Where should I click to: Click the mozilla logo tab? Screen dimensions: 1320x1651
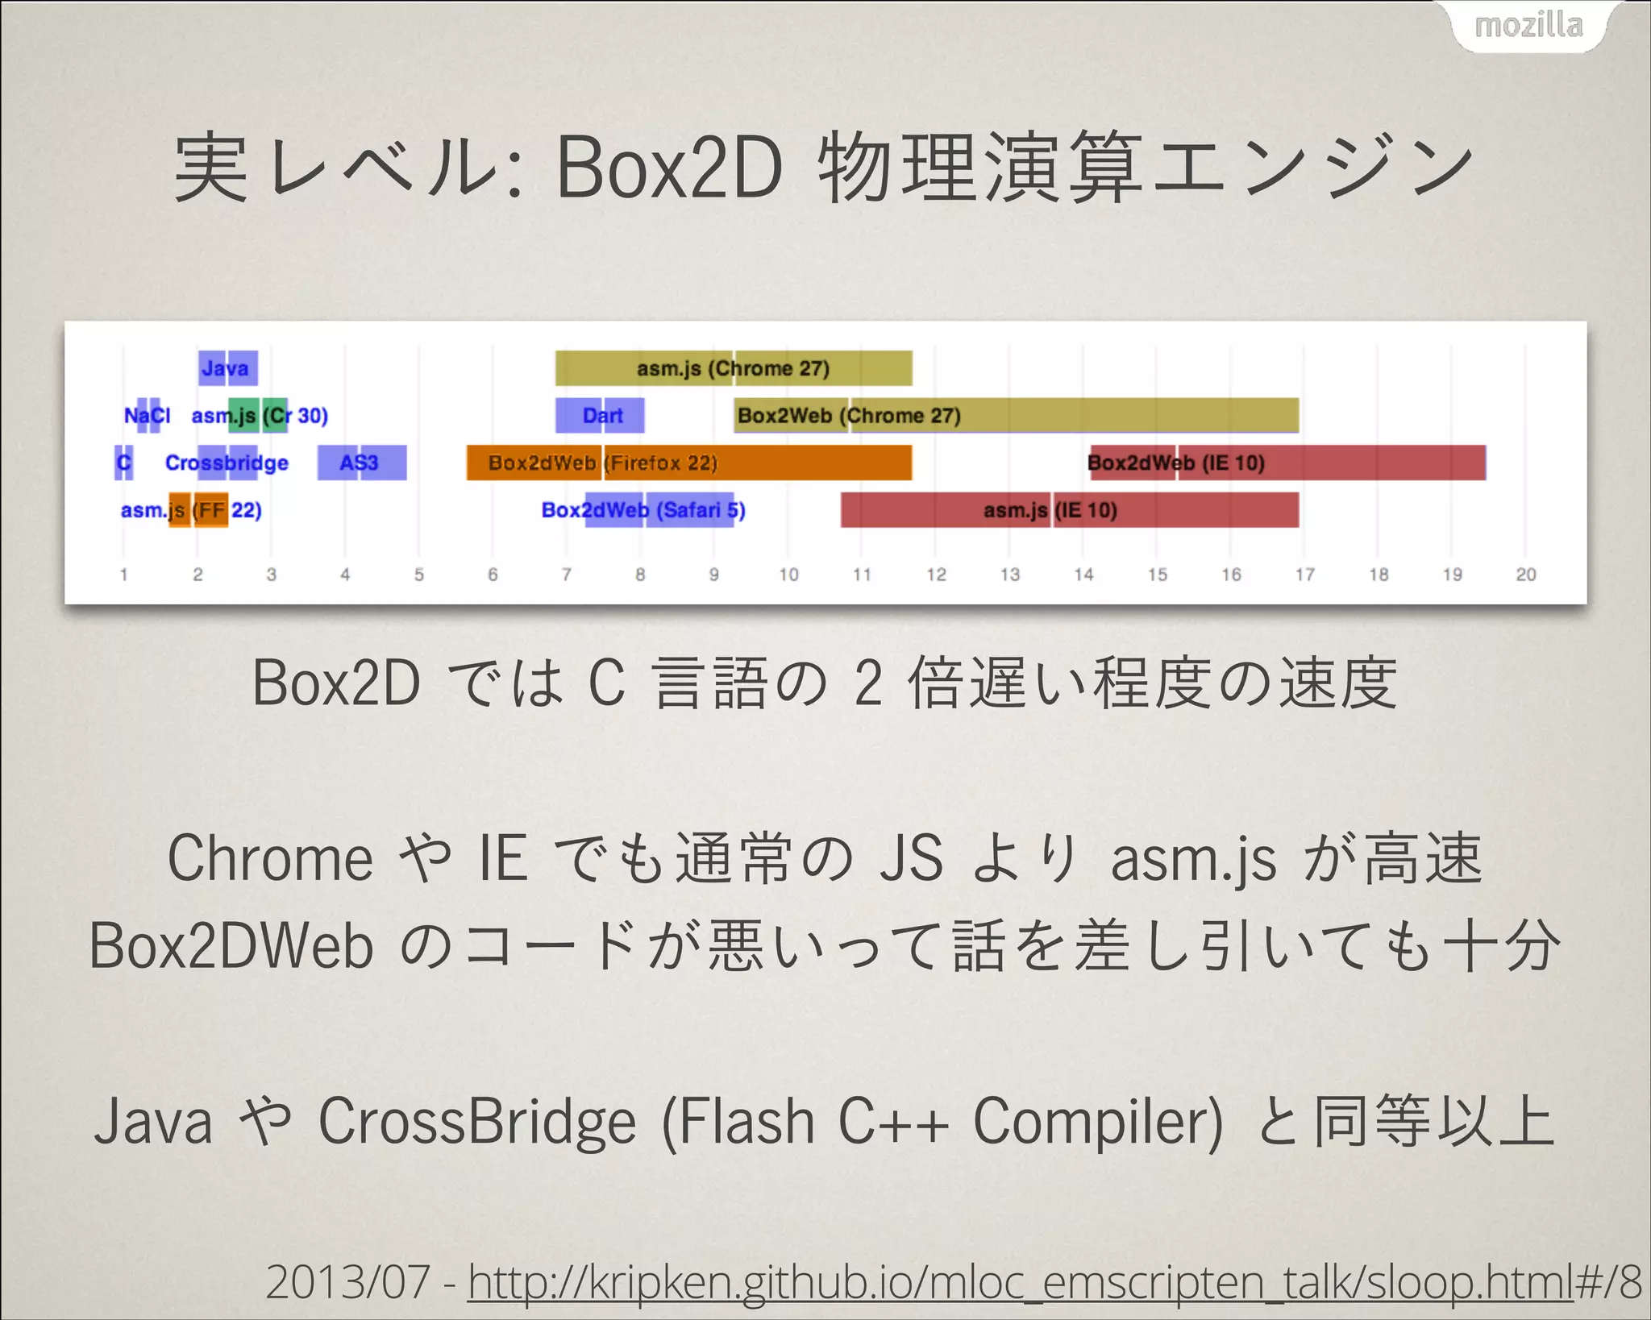pyautogui.click(x=1528, y=26)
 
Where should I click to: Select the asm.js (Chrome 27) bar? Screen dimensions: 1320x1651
pyautogui.click(x=734, y=368)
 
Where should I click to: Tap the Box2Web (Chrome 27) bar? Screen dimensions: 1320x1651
pyautogui.click(x=1016, y=416)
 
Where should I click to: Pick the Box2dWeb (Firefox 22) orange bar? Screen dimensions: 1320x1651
pyautogui.click(x=689, y=463)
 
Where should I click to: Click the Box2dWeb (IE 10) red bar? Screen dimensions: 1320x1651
pyautogui.click(x=1287, y=463)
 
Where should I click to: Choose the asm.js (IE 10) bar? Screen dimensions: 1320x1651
pyautogui.click(x=1070, y=510)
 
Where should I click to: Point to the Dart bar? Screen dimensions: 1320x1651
pyautogui.click(x=601, y=416)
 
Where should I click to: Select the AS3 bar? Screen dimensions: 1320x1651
pyautogui.click(x=361, y=463)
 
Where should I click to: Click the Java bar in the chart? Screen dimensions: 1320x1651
pyautogui.click(x=228, y=368)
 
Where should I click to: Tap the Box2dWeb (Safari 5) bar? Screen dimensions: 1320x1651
pyautogui.click(x=659, y=510)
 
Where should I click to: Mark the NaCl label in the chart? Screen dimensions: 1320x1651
pyautogui.click(x=147, y=416)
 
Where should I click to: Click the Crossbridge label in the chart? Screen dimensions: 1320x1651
pyautogui.click(x=227, y=463)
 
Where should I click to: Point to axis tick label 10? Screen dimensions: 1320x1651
pyautogui.click(x=788, y=575)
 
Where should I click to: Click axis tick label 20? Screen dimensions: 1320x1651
pyautogui.click(x=1525, y=575)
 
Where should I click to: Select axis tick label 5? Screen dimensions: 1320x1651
pyautogui.click(x=419, y=575)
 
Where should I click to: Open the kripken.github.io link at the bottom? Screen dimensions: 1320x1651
pyautogui.click(x=1021, y=1282)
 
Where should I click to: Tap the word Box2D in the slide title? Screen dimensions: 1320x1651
pyautogui.click(x=669, y=168)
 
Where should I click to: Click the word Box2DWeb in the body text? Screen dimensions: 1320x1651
pyautogui.click(x=231, y=945)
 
